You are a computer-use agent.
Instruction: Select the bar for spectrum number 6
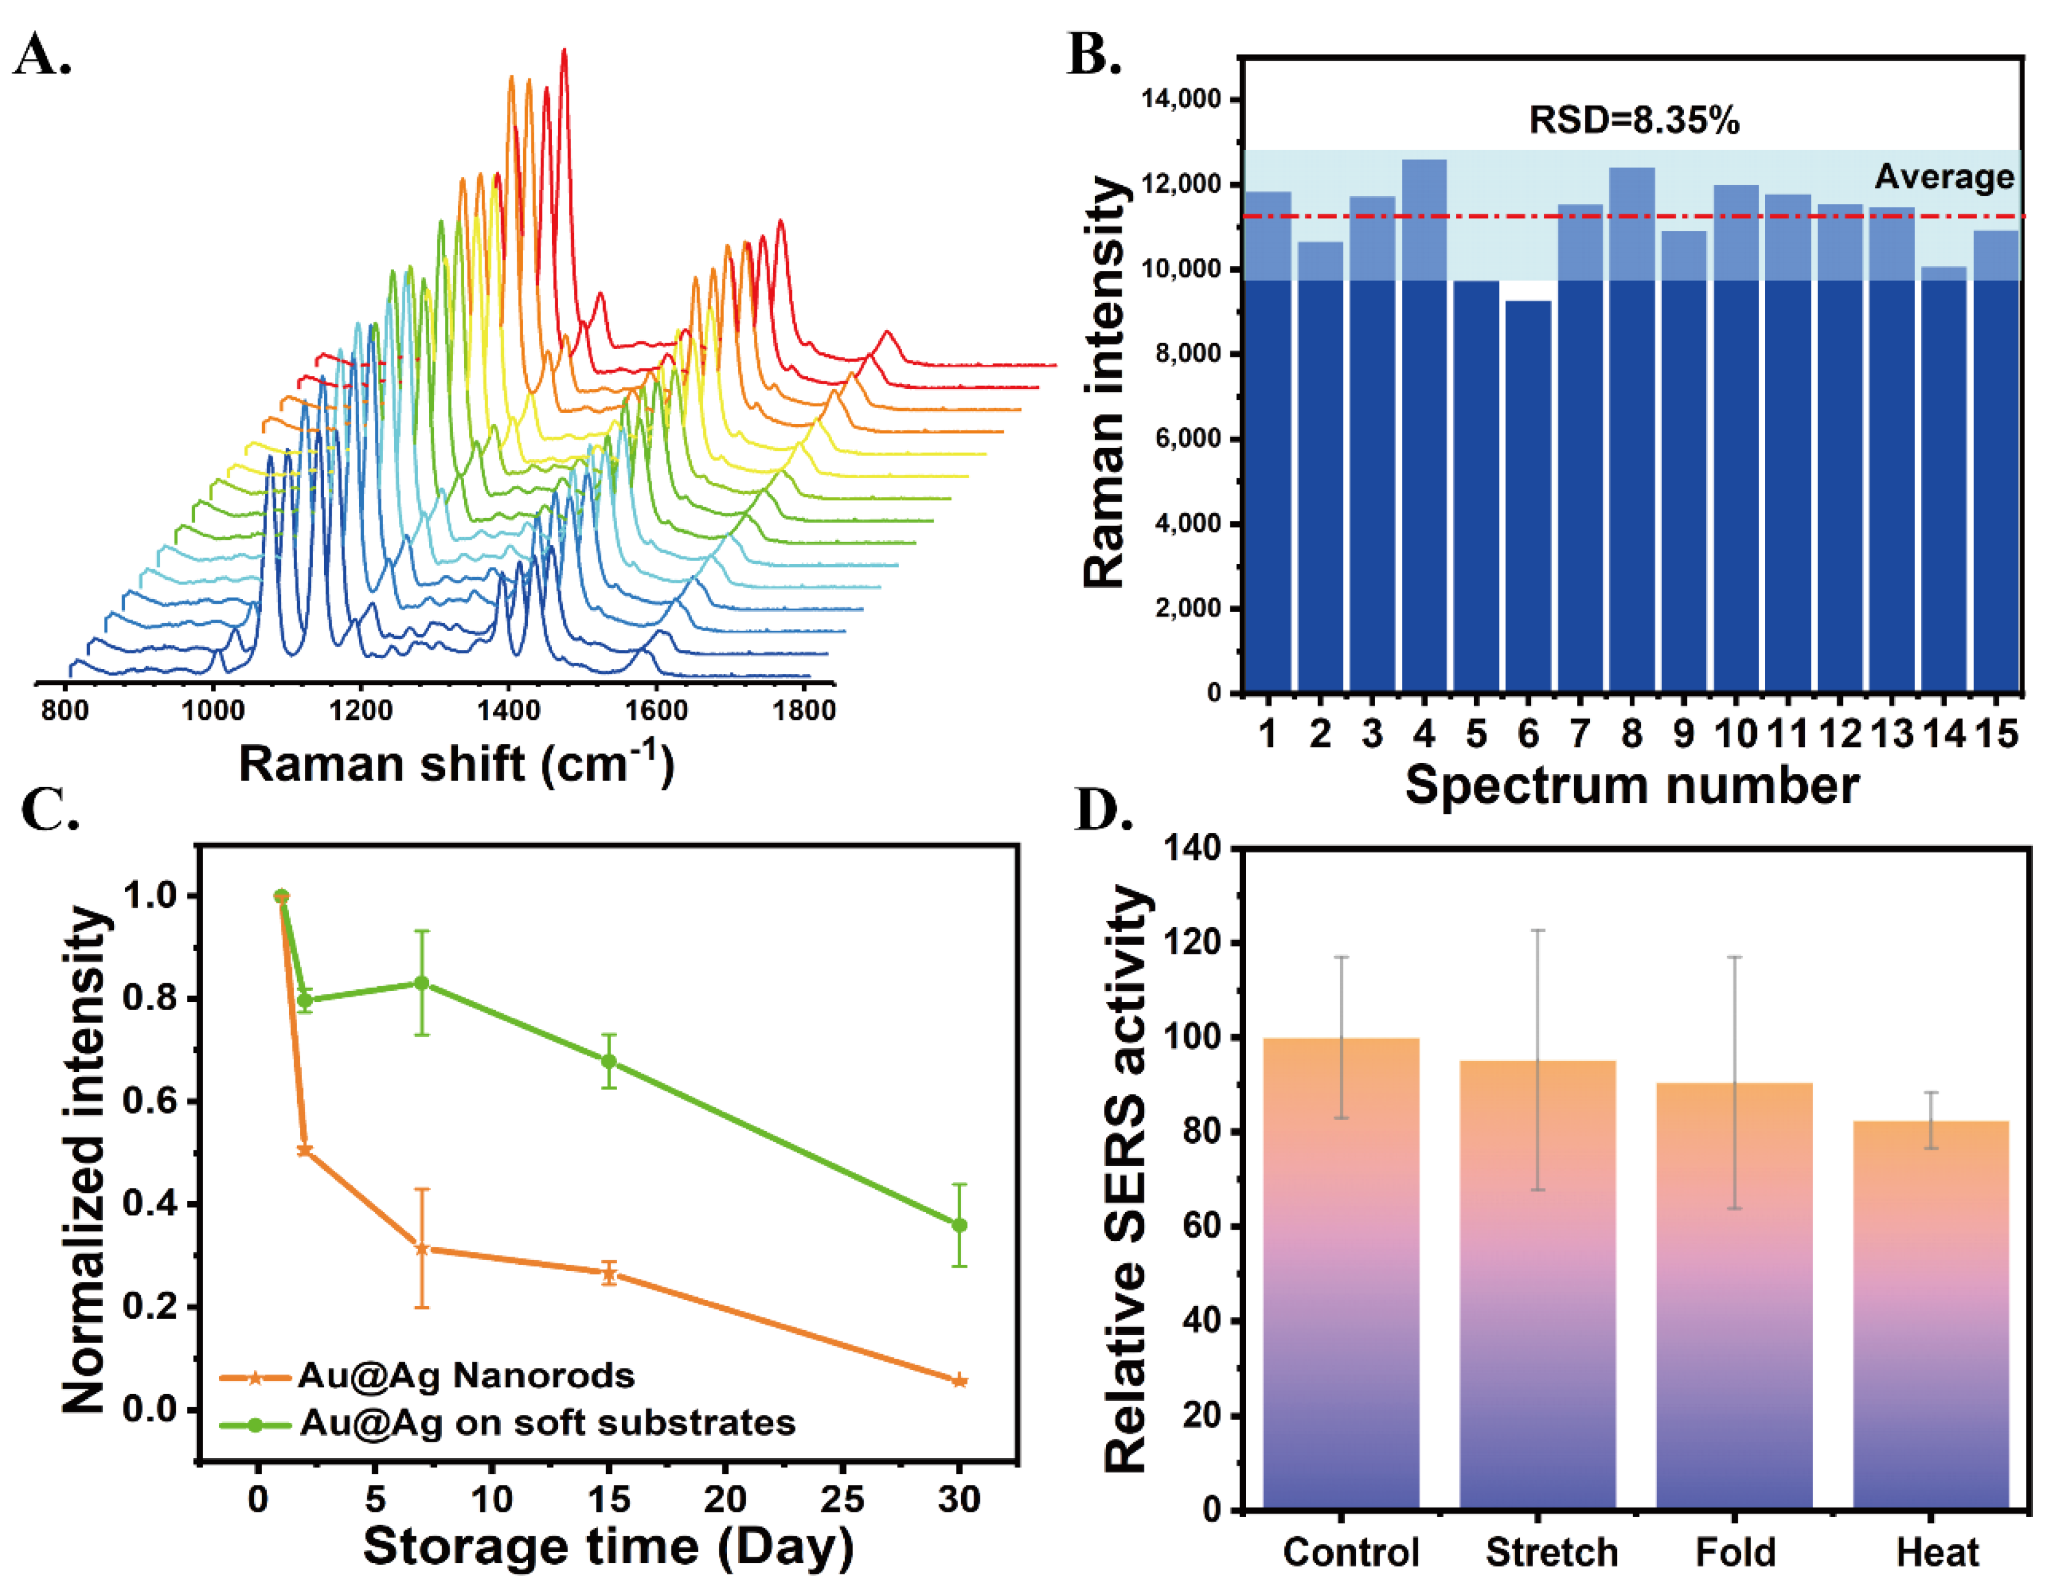point(1528,496)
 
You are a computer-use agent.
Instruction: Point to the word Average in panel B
point(1944,176)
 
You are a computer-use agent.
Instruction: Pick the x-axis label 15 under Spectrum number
point(1996,733)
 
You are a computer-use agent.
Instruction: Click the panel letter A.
point(41,54)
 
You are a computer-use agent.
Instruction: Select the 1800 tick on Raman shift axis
point(804,710)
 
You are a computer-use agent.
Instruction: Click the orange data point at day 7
point(422,1249)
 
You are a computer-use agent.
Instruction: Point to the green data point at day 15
point(609,1062)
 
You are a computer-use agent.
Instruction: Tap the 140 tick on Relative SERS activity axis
point(1192,848)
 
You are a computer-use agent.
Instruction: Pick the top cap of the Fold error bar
point(1734,956)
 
